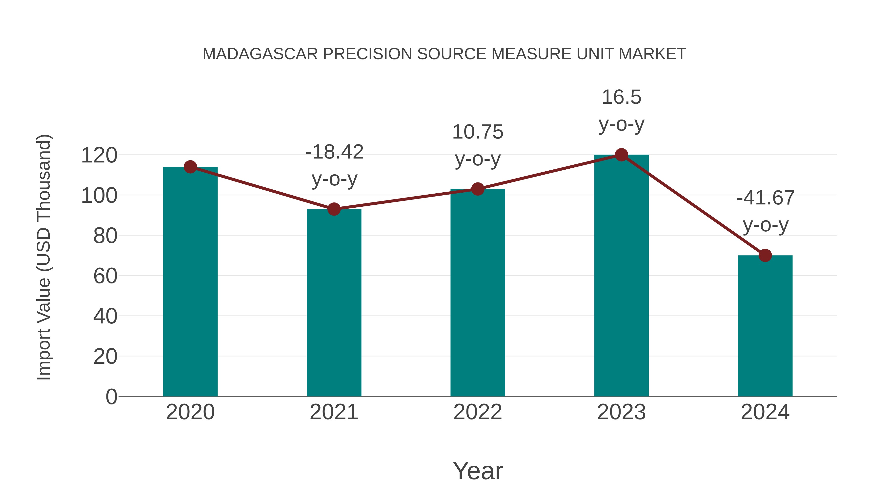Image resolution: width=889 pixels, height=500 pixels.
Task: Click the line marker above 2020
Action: pos(190,167)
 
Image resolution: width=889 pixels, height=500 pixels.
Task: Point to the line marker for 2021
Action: pos(334,209)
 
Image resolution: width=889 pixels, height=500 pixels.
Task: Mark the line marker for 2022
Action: pos(478,189)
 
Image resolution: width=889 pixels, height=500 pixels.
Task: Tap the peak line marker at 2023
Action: pos(621,155)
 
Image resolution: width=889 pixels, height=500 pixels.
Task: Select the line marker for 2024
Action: pos(765,256)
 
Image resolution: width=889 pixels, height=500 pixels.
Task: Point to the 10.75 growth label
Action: pos(478,132)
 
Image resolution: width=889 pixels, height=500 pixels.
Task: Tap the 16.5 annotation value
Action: pos(621,97)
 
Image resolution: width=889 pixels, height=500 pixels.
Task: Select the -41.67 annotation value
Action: pos(765,198)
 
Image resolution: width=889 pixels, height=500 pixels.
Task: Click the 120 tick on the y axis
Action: pos(99,155)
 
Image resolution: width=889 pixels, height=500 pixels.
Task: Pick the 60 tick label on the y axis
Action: pos(105,276)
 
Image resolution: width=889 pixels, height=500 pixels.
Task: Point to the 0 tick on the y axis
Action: pos(111,397)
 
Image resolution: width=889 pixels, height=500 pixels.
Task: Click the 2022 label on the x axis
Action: pos(478,412)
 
